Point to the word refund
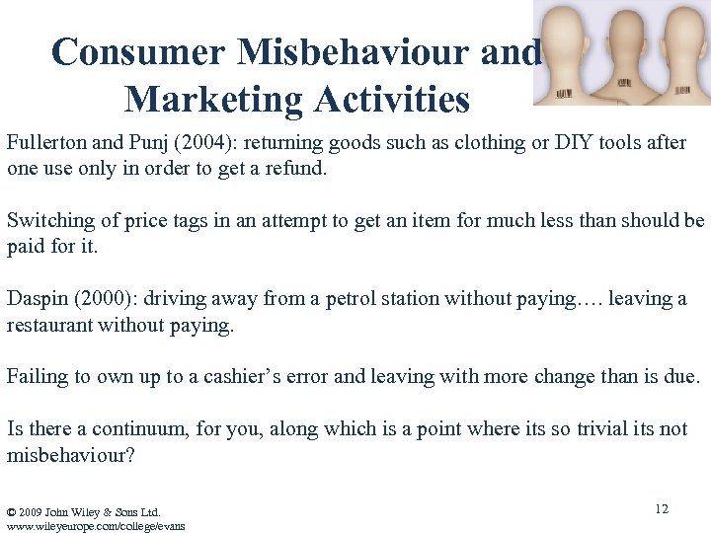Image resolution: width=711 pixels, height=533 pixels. coord(296,168)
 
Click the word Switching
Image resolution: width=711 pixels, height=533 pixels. coord(48,220)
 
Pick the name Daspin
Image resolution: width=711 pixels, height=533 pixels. coord(38,298)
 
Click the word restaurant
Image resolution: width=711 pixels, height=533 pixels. coord(50,324)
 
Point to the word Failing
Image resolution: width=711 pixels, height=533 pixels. coord(37,376)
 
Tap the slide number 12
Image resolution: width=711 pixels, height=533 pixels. coord(661,508)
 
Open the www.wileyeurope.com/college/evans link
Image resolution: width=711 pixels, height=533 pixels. coord(95,525)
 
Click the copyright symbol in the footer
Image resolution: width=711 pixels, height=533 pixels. coord(11,511)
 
